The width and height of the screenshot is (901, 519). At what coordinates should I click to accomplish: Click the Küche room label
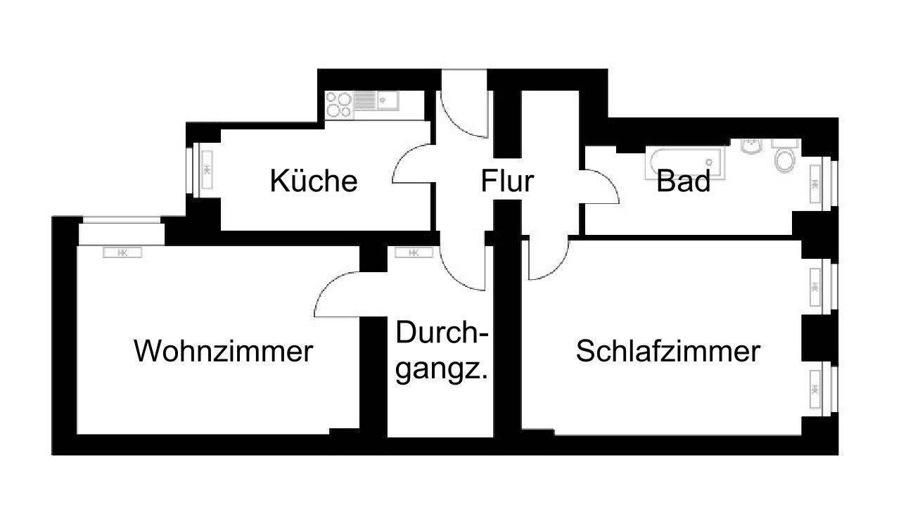[x=314, y=181]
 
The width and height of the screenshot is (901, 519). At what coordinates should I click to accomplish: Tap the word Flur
[x=506, y=181]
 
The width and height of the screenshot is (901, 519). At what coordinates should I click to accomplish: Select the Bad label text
[x=683, y=182]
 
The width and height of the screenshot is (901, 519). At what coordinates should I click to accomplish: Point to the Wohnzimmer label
[x=223, y=351]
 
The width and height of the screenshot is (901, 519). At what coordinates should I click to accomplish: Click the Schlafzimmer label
[x=667, y=351]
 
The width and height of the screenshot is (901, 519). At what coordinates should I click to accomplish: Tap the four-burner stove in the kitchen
[x=339, y=105]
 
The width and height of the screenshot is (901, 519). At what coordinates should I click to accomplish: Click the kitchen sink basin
[x=386, y=101]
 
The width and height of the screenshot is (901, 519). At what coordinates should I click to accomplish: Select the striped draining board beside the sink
[x=364, y=101]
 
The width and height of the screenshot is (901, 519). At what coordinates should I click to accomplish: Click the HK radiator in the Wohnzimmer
[x=122, y=252]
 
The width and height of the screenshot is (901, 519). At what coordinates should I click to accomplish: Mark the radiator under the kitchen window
[x=207, y=169]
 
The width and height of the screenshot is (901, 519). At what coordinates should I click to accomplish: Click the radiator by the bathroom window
[x=816, y=184]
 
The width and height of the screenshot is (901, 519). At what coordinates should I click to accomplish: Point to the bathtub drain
[x=656, y=164]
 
